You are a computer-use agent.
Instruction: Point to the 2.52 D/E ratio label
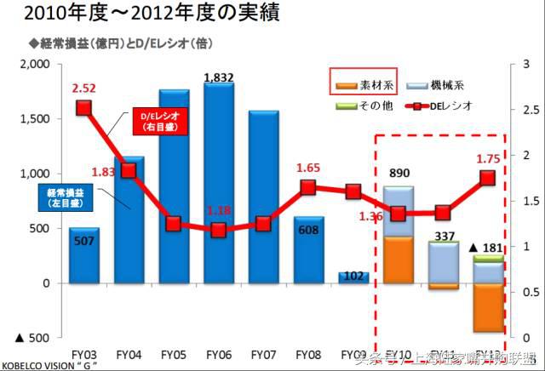83,88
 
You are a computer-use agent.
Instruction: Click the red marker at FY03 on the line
83,107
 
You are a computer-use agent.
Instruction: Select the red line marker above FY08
309,187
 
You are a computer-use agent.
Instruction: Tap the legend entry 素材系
365,84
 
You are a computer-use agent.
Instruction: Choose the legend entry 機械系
449,84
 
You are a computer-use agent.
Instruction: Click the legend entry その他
364,105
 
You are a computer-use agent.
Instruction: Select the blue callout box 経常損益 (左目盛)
62,199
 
